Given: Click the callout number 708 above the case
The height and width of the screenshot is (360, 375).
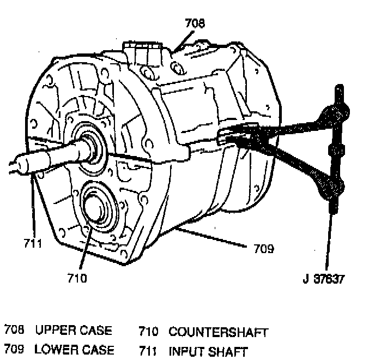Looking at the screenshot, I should coord(195,23).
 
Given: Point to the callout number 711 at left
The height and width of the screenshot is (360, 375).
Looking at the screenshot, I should coord(33,244).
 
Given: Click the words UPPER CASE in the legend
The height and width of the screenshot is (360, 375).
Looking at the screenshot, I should coord(74,331).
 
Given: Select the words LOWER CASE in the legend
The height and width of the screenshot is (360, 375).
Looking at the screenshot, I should coord(75,350).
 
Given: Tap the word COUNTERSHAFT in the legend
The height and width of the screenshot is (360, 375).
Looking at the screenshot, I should coord(219,332).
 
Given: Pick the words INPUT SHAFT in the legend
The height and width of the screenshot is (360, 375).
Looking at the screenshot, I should coord(208,351).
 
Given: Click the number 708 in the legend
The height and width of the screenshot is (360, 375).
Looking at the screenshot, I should coord(14,331).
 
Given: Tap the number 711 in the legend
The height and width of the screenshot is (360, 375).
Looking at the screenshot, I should coord(148,351).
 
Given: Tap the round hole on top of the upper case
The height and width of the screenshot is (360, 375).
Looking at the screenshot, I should coord(177,68).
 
